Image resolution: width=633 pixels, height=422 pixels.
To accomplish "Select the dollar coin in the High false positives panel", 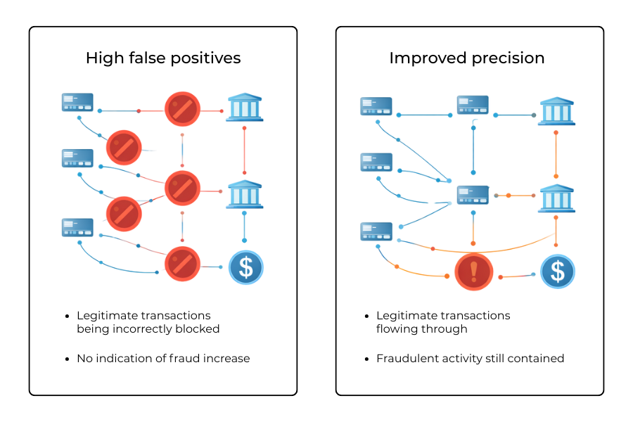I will point(245,268).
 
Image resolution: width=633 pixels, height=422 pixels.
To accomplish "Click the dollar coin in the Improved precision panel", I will point(558,271).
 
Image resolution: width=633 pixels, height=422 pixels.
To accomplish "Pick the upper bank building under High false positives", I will point(244,108).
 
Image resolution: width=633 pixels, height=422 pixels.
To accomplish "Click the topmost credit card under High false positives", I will point(77,103).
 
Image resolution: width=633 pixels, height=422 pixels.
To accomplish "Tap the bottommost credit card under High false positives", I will point(77,227).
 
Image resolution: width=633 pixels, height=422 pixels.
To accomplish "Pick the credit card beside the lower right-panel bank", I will point(473,195).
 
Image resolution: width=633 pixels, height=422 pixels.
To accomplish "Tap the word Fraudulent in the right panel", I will point(407,358).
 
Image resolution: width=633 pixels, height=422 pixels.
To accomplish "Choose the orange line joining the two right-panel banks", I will point(556,154).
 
